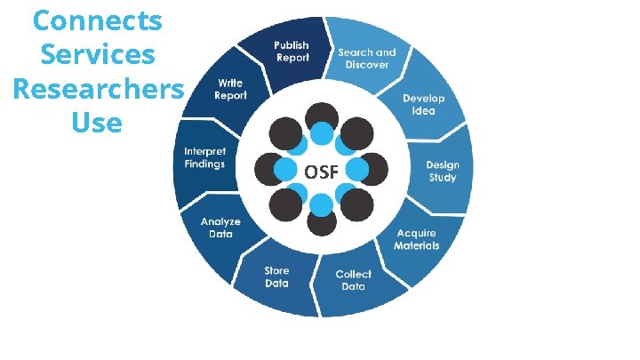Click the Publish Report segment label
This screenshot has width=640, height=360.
tap(291, 52)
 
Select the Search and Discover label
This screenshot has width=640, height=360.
tap(366, 59)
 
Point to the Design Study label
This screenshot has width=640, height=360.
tap(442, 172)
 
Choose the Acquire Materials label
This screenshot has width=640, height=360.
tap(417, 239)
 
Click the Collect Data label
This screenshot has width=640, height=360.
tap(353, 280)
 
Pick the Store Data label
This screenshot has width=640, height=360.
tap(276, 277)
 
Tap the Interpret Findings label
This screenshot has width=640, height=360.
tap(204, 157)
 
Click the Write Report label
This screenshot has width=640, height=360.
tap(230, 89)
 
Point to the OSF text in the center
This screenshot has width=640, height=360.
tap(321, 172)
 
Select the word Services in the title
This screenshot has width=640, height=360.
tap(98, 54)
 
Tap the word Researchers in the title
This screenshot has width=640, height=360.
tap(98, 89)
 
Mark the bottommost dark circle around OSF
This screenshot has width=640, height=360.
tap(321, 222)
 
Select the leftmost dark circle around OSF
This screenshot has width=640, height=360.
tap(269, 169)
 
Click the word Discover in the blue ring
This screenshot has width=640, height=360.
tap(367, 65)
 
